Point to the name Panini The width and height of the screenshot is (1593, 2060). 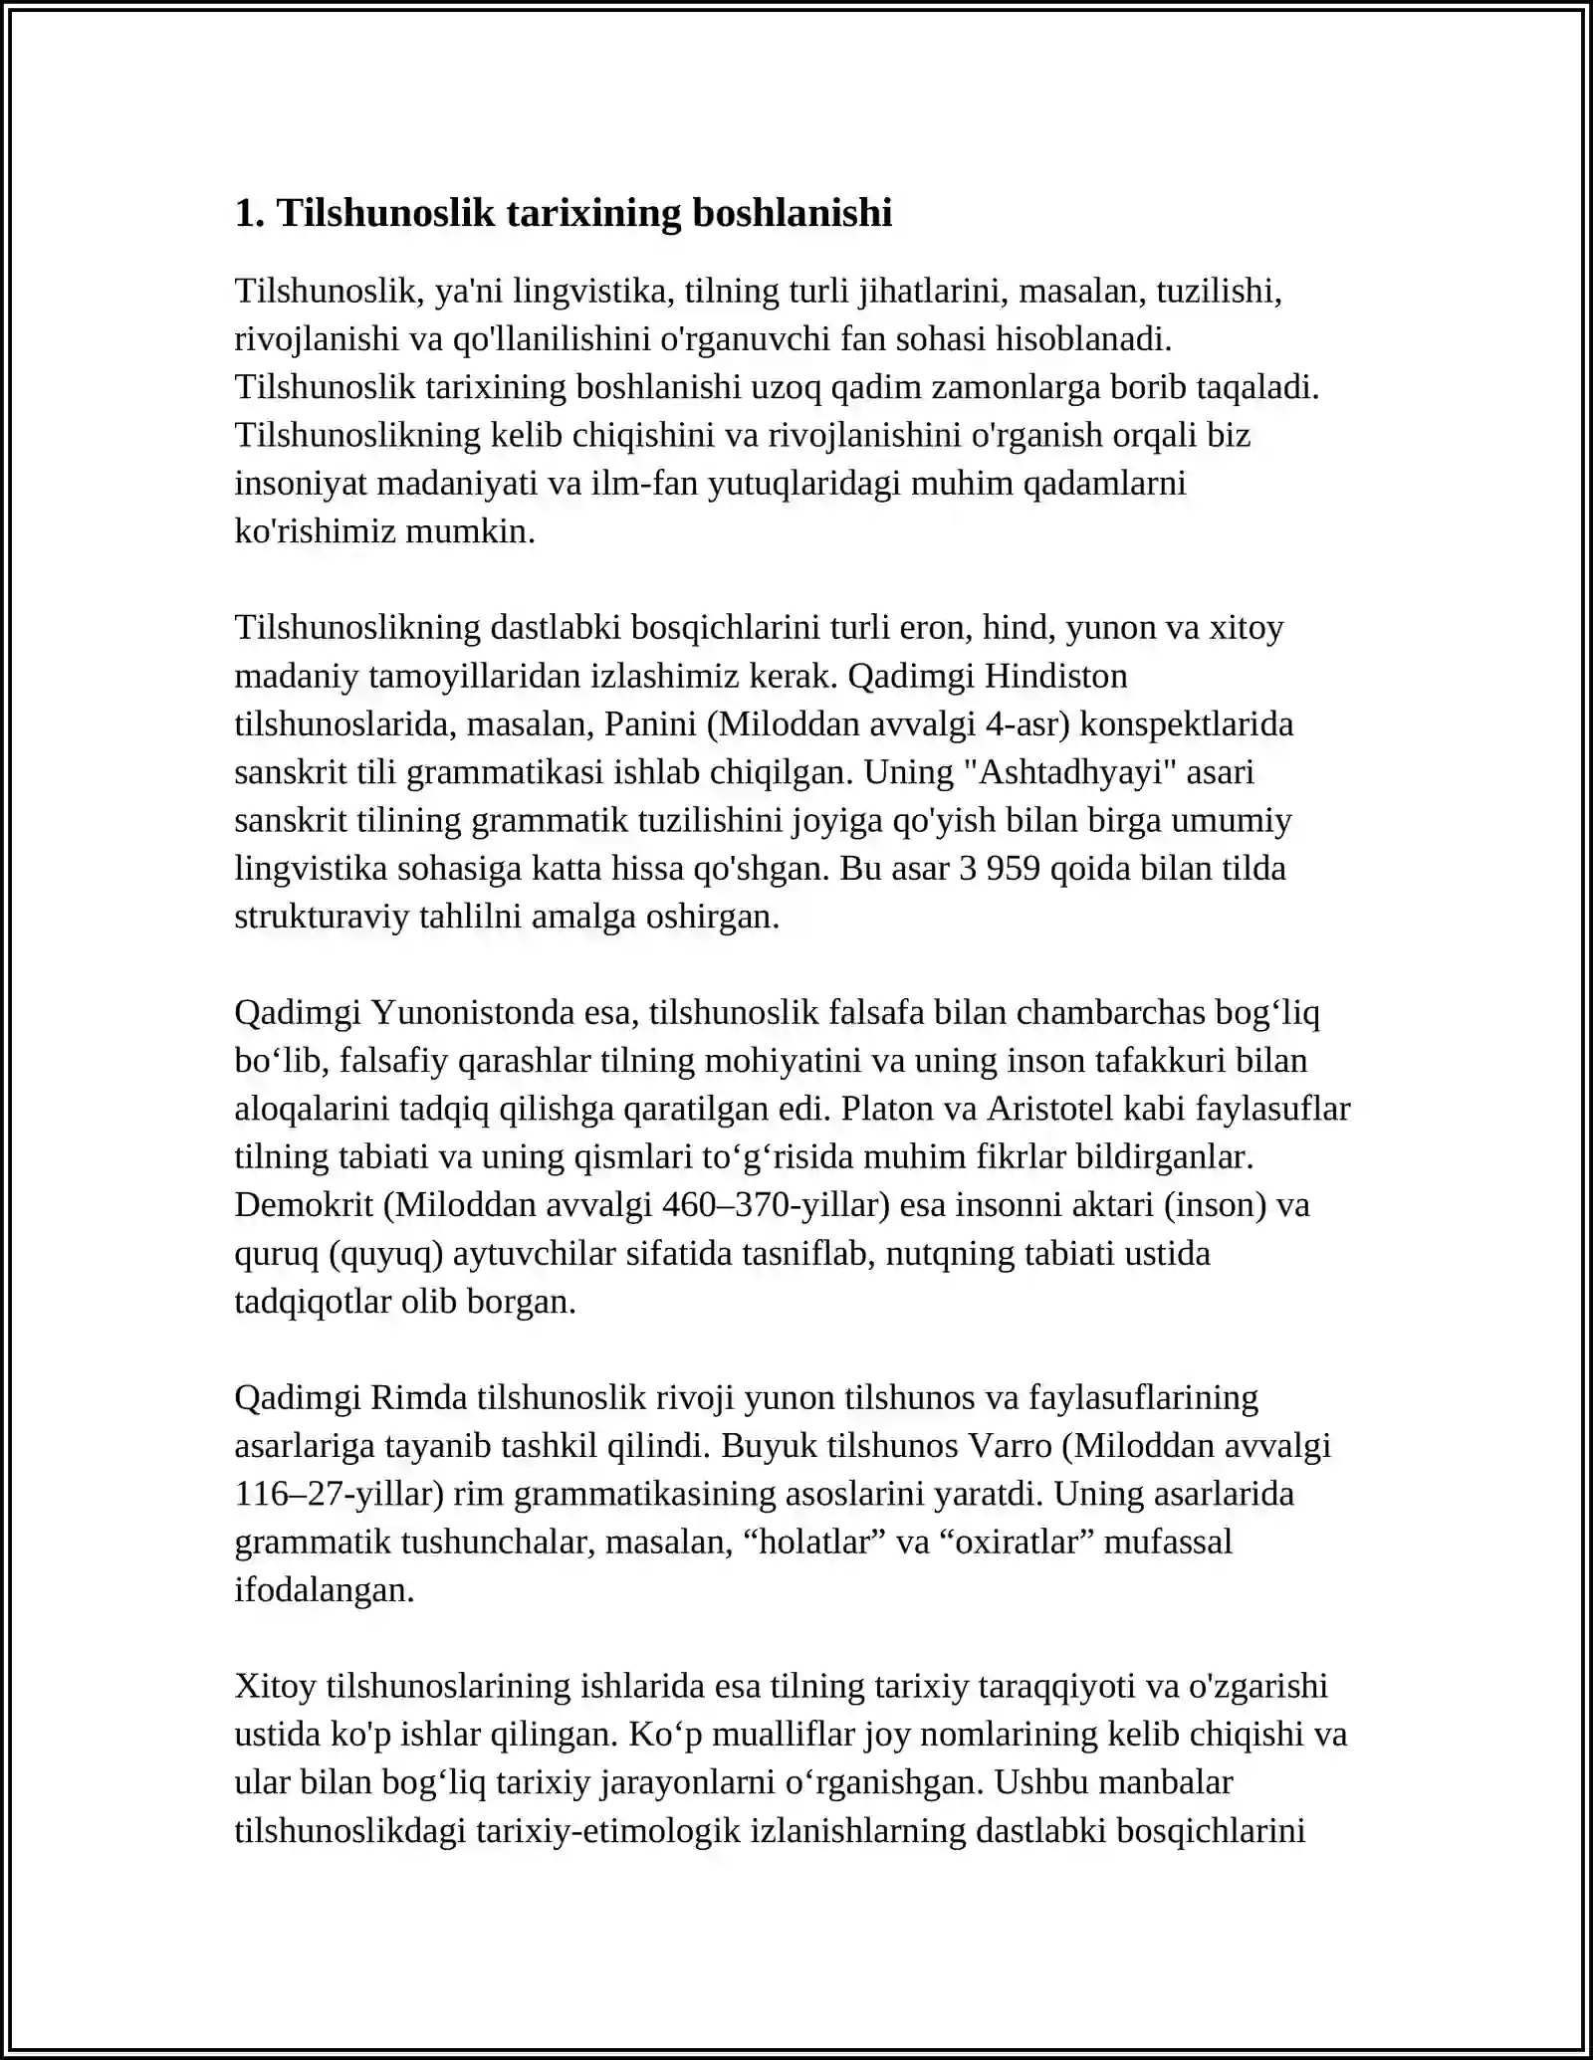click(650, 723)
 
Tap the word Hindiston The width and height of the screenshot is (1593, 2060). click(1056, 676)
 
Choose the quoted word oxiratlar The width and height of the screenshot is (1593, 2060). click(1017, 1542)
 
